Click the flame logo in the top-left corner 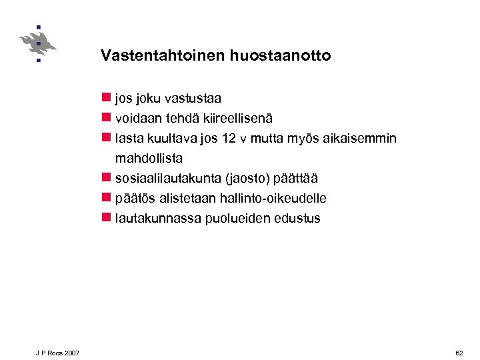(x=38, y=44)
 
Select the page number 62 (x=459, y=352)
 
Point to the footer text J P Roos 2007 (x=58, y=352)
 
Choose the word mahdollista (x=149, y=159)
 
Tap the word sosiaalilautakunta (x=169, y=179)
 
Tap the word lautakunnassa (x=151, y=218)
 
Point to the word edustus (x=297, y=218)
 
